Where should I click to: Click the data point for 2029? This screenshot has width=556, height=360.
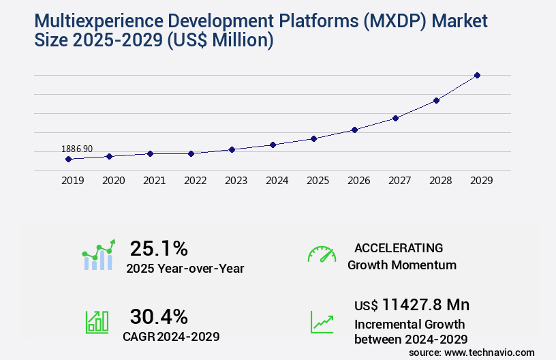tap(477, 75)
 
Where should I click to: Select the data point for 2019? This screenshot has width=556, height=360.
tap(68, 159)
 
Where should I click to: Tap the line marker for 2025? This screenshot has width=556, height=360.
tap(313, 138)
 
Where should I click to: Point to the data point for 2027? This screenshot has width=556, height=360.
tap(395, 118)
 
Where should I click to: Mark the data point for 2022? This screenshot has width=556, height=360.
tap(191, 153)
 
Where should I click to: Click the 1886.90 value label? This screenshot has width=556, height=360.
tap(77, 149)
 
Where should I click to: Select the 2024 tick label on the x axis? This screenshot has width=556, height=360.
tap(277, 181)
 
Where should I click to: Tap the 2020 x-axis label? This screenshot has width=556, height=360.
tap(113, 181)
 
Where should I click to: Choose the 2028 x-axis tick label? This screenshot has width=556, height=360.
tap(440, 181)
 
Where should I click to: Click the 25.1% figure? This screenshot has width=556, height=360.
tap(159, 248)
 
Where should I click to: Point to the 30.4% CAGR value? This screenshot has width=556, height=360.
tap(159, 316)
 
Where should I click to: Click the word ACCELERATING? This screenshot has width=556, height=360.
tap(399, 247)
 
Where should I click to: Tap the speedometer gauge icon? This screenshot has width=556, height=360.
tap(322, 254)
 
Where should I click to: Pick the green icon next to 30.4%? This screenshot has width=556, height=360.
tap(97, 322)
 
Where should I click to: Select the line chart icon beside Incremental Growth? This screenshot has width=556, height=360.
tap(322, 322)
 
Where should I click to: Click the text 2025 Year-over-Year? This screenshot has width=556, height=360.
tap(185, 269)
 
